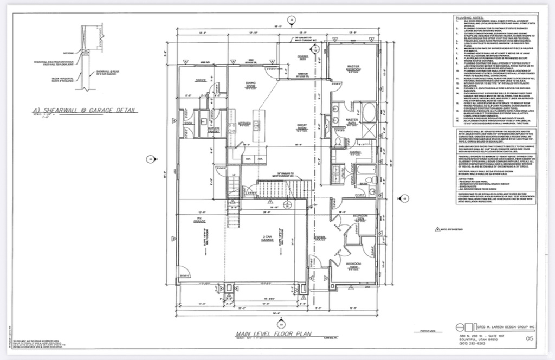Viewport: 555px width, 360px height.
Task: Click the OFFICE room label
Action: click(x=199, y=80)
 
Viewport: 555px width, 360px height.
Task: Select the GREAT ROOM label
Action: click(x=302, y=127)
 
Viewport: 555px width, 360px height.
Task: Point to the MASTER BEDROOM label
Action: click(x=353, y=68)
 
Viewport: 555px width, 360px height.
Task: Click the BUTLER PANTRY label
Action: click(x=214, y=131)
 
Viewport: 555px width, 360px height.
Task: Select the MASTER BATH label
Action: click(x=352, y=120)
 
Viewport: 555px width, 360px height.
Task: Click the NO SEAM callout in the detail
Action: click(x=67, y=53)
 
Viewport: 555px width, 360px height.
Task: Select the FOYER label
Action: click(x=319, y=238)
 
